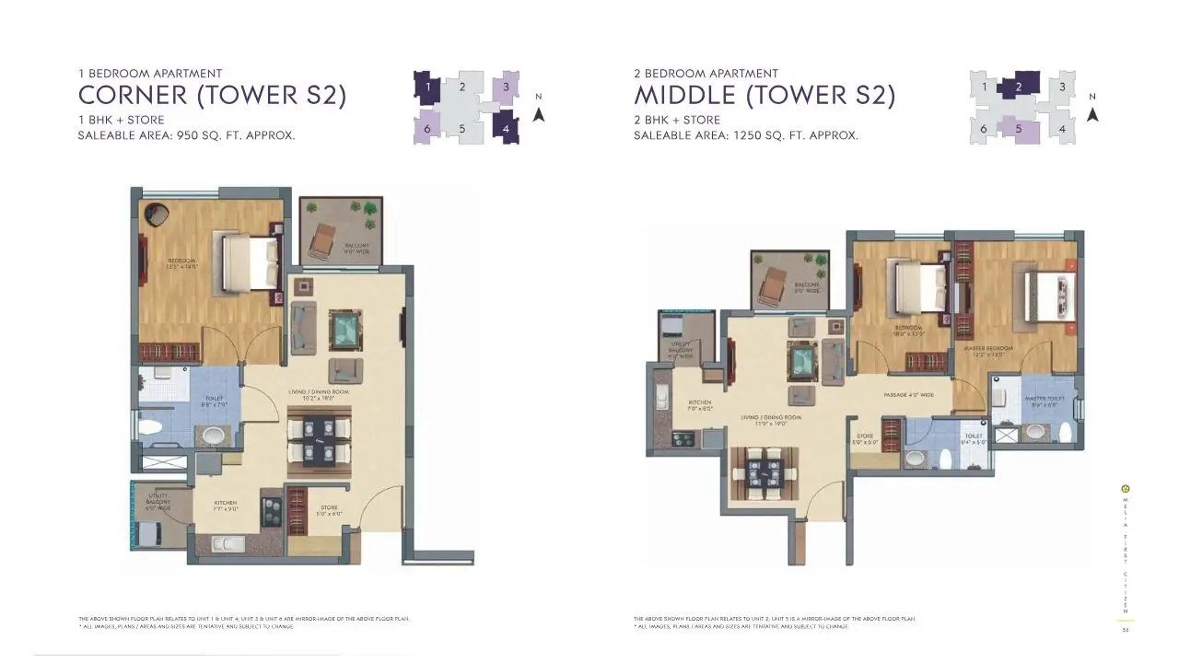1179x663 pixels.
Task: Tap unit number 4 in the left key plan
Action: (x=506, y=128)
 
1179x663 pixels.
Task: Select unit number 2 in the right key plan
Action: (x=1019, y=87)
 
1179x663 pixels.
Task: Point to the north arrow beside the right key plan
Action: (x=1092, y=113)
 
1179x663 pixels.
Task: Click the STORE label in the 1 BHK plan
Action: (x=329, y=507)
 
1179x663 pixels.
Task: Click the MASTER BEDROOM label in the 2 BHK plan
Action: (x=987, y=349)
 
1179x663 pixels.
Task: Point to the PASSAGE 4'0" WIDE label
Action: (x=908, y=395)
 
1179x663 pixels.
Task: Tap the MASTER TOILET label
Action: (x=1044, y=399)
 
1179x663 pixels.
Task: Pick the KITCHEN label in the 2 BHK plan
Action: (x=700, y=402)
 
